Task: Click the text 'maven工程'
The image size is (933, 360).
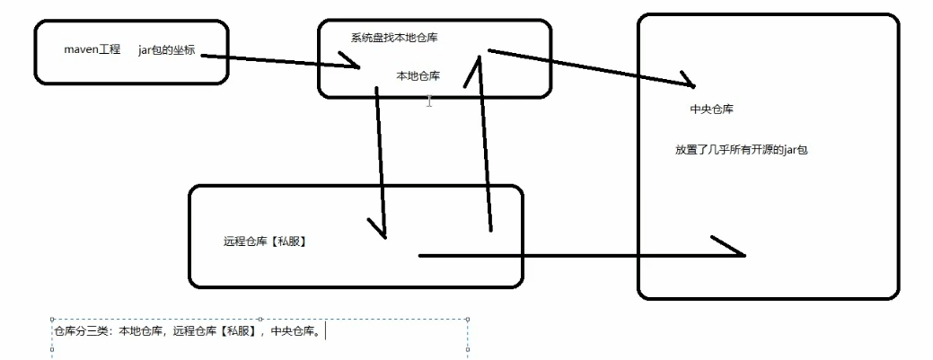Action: coord(92,48)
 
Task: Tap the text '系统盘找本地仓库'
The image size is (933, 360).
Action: coord(393,37)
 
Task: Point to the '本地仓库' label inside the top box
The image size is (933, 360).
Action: coord(418,76)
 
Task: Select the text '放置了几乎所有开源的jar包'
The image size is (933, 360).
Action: coord(742,150)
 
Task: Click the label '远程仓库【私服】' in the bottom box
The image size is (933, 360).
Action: coord(265,241)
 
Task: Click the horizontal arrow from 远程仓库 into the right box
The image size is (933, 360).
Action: coord(575,256)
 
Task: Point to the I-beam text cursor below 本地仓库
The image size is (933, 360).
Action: coord(430,101)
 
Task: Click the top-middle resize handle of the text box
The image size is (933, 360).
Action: coord(260,318)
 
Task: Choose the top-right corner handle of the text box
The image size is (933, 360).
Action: coord(468,318)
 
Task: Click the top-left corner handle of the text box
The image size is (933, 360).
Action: coord(53,318)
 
